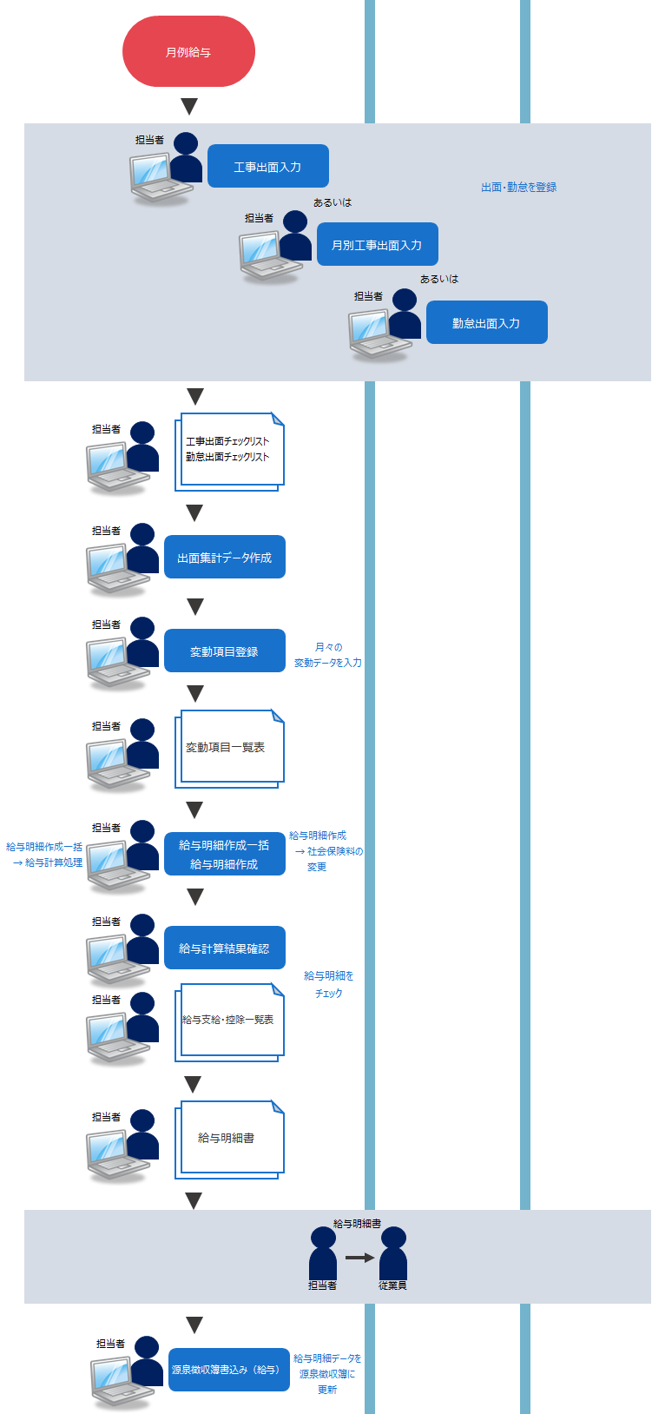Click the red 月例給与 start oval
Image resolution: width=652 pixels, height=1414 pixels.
[x=188, y=52]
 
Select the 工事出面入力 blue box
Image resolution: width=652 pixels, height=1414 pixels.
[x=267, y=166]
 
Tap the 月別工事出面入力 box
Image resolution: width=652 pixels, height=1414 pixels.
[x=377, y=245]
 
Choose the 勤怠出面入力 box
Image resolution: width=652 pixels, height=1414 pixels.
[x=486, y=322]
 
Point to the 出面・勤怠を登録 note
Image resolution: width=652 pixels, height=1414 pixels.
[x=519, y=187]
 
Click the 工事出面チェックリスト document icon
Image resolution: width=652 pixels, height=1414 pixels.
[x=230, y=451]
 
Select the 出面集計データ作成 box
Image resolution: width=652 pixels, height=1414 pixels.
[x=224, y=557]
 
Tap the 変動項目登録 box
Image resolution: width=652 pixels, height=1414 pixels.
[x=224, y=651]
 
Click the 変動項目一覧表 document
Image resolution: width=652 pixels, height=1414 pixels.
[x=230, y=748]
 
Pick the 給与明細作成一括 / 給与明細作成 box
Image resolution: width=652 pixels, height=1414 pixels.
[x=224, y=854]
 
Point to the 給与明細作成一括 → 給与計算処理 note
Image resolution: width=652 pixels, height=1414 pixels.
[x=45, y=855]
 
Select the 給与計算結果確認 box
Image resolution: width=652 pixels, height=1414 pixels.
[x=224, y=948]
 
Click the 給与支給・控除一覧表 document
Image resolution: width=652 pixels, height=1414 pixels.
[x=230, y=1021]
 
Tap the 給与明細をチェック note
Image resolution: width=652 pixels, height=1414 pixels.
[x=328, y=984]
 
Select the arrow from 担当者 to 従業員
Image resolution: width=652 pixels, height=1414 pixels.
[x=359, y=1257]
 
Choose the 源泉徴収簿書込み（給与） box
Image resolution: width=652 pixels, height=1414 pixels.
[x=228, y=1370]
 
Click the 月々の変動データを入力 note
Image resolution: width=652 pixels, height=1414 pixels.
[x=327, y=655]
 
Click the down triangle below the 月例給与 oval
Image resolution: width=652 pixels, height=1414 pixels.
[x=189, y=106]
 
